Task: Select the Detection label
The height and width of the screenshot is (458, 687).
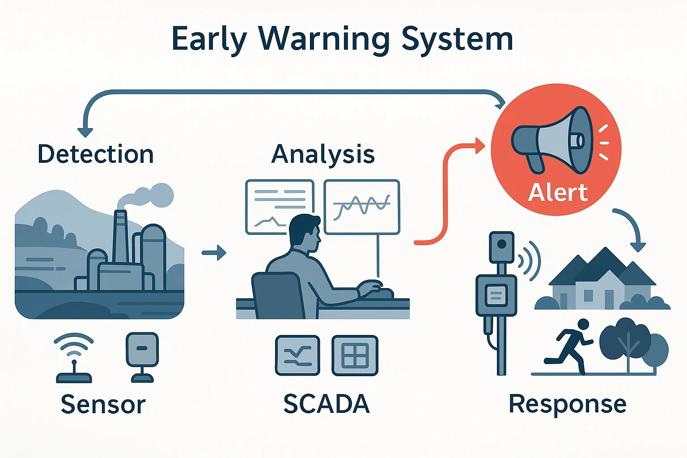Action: (x=96, y=154)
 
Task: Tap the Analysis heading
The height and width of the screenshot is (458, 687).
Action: (x=323, y=154)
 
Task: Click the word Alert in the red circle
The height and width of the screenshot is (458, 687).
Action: (x=557, y=193)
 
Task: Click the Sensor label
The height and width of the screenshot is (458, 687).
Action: (x=103, y=404)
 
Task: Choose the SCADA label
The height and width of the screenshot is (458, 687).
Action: (x=327, y=404)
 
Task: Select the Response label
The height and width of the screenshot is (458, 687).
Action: (x=568, y=404)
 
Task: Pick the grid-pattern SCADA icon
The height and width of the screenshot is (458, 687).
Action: (x=355, y=356)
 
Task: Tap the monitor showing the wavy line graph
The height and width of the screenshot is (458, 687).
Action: (x=361, y=207)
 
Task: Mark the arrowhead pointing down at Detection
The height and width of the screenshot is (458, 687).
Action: (x=85, y=132)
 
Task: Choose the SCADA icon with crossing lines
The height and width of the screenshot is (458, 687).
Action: (x=297, y=356)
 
